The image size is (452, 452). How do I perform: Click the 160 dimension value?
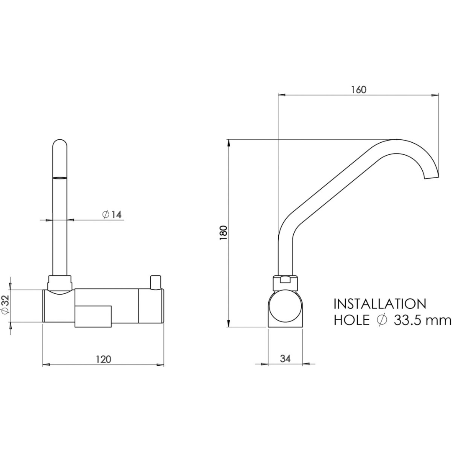[x=359, y=90]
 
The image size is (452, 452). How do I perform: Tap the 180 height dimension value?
[x=223, y=233]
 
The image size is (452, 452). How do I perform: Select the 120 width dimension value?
[x=103, y=359]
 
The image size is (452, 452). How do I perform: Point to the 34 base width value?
[x=285, y=359]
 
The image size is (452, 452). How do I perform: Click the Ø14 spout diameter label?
[x=112, y=214]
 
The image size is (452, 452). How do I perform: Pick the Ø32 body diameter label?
[x=5, y=305]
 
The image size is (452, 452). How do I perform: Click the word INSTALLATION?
[x=380, y=304]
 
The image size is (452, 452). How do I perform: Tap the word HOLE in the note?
[x=352, y=320]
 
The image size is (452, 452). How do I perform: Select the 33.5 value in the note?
[x=411, y=320]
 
